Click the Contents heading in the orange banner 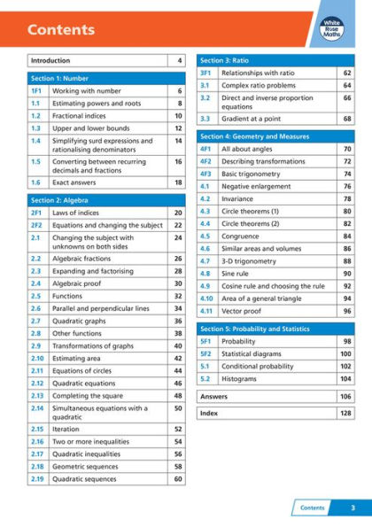pyautogui.click(x=61, y=30)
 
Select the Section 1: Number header pyautogui.click(x=61, y=78)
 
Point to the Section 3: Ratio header pyautogui.click(x=224, y=60)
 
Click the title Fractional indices pyautogui.click(x=80, y=116)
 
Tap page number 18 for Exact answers pyautogui.click(x=178, y=182)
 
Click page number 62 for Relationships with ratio pyautogui.click(x=347, y=73)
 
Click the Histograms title pyautogui.click(x=241, y=378)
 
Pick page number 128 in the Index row pyautogui.click(x=346, y=413)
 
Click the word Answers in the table pyautogui.click(x=215, y=397)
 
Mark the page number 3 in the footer pyautogui.click(x=353, y=508)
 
